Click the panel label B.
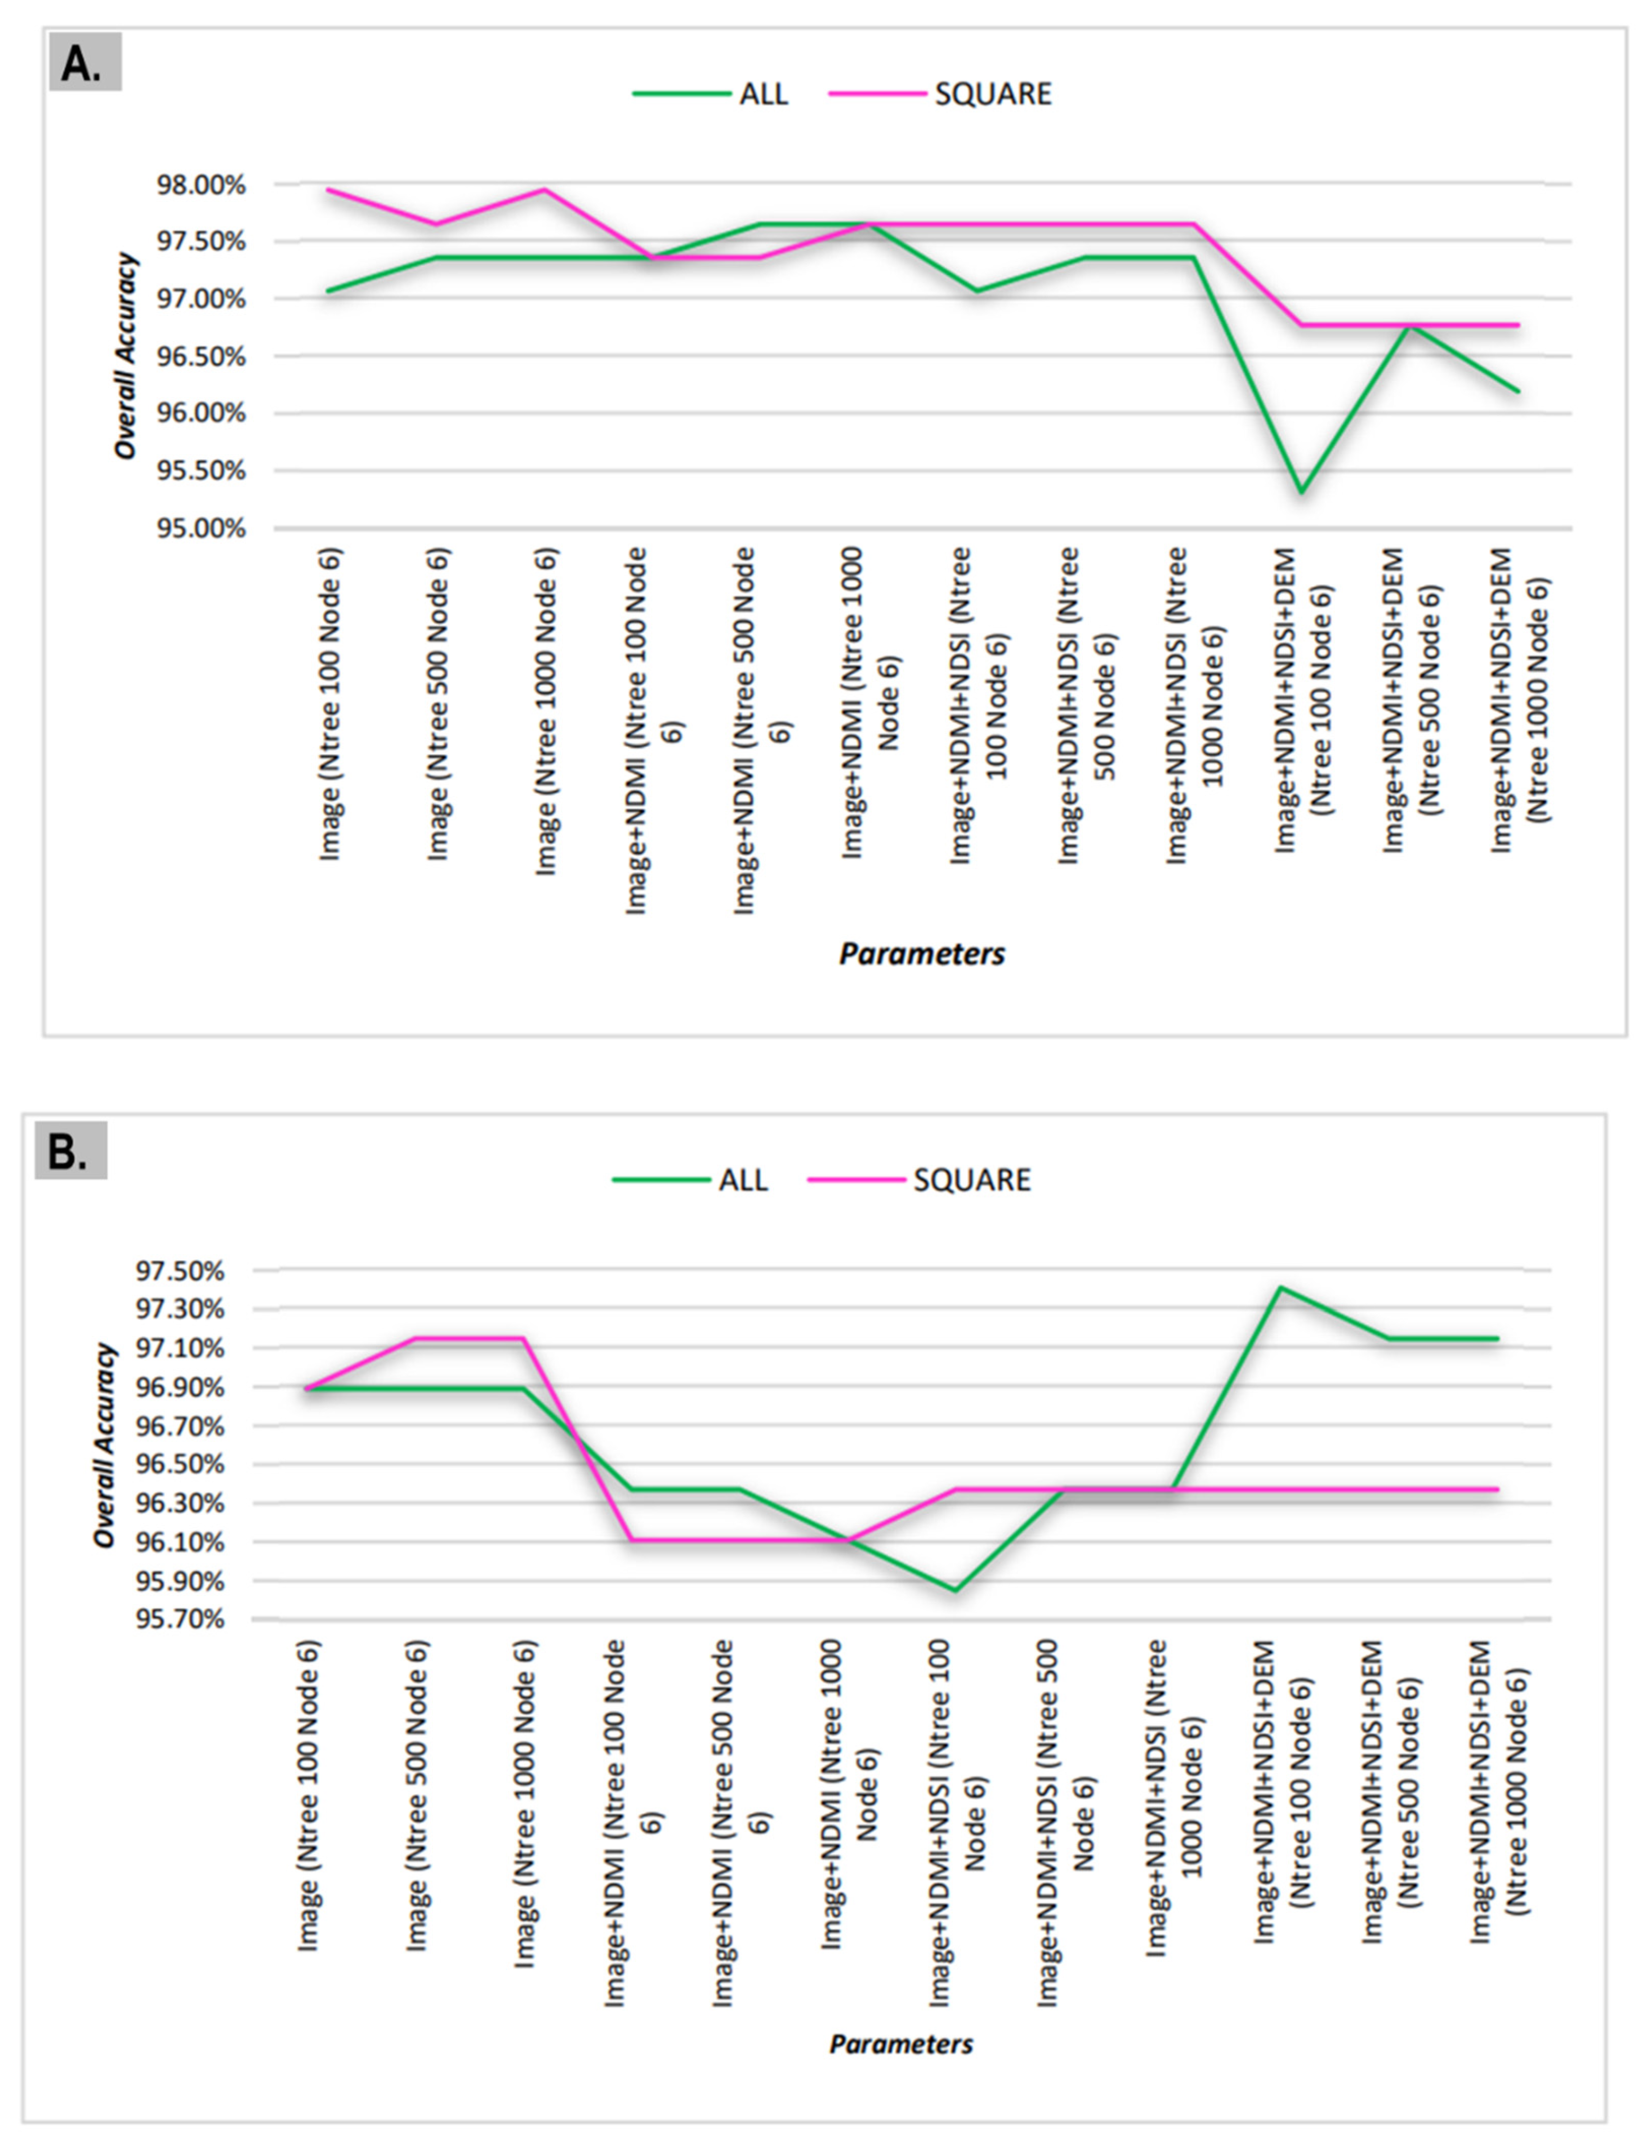[x=69, y=1151]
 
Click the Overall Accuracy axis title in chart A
[x=126, y=356]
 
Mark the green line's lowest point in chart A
[x=1301, y=491]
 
